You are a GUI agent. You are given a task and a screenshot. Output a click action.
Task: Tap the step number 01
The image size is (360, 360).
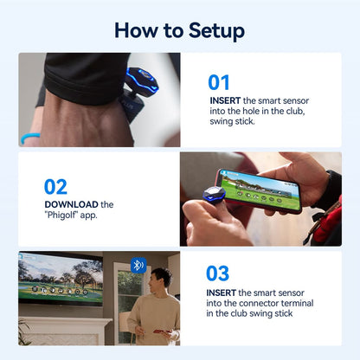[219, 82]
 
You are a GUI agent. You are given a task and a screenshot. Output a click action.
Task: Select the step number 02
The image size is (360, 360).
[55, 186]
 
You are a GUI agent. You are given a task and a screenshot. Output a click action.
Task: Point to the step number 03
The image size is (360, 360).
[217, 273]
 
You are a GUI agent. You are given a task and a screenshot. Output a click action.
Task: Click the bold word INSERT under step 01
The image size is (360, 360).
[224, 100]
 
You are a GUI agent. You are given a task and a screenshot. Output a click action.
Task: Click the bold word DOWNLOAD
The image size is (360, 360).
[71, 204]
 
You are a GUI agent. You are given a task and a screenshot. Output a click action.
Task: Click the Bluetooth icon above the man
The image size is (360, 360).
[138, 265]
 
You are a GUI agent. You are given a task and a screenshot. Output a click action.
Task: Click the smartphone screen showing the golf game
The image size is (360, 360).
[260, 190]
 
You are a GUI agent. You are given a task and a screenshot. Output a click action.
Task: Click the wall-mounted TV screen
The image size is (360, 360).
[61, 278]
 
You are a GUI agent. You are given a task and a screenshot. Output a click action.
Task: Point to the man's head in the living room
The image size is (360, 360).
[158, 279]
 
